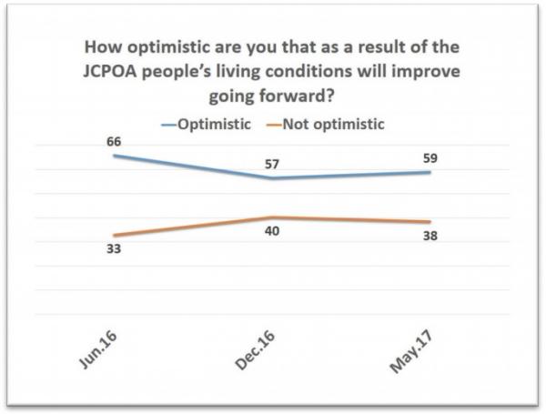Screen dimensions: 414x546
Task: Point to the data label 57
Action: (271, 164)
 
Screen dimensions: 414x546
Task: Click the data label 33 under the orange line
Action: (115, 249)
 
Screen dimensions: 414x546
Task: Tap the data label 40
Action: (271, 231)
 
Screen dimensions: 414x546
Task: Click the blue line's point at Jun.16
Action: (115, 156)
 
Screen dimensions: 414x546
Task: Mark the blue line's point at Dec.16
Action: (271, 178)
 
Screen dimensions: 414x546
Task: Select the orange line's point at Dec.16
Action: (271, 217)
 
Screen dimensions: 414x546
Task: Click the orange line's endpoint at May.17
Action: (430, 222)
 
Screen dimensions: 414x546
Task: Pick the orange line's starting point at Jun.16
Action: (115, 235)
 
